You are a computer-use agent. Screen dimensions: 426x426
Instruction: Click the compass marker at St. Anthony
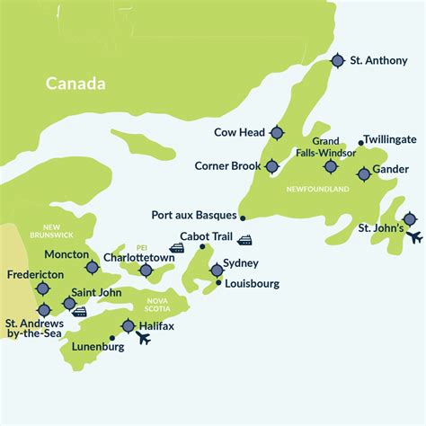[337, 60]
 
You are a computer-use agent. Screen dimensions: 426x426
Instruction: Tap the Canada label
[76, 84]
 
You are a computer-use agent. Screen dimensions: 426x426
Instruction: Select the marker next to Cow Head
[276, 133]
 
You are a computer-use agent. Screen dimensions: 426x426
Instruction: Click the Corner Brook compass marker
[272, 166]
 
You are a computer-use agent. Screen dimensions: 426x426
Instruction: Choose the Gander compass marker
[363, 174]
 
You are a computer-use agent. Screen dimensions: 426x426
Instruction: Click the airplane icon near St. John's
[414, 237]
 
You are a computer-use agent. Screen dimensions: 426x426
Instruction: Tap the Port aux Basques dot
[243, 217]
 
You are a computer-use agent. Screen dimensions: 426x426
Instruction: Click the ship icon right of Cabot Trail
[244, 240]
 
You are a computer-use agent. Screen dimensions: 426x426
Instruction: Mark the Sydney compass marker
[217, 270]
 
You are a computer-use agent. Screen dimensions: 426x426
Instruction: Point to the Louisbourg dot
[218, 283]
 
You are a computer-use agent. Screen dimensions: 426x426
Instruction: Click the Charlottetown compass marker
[146, 270]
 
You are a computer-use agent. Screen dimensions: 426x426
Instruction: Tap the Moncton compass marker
[92, 267]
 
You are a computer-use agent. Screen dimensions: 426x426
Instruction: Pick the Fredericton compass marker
[42, 288]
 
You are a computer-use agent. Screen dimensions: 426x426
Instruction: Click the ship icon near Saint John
[79, 312]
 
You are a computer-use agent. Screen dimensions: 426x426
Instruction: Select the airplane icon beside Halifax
[144, 339]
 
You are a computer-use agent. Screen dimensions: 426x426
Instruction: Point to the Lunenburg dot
[111, 339]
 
